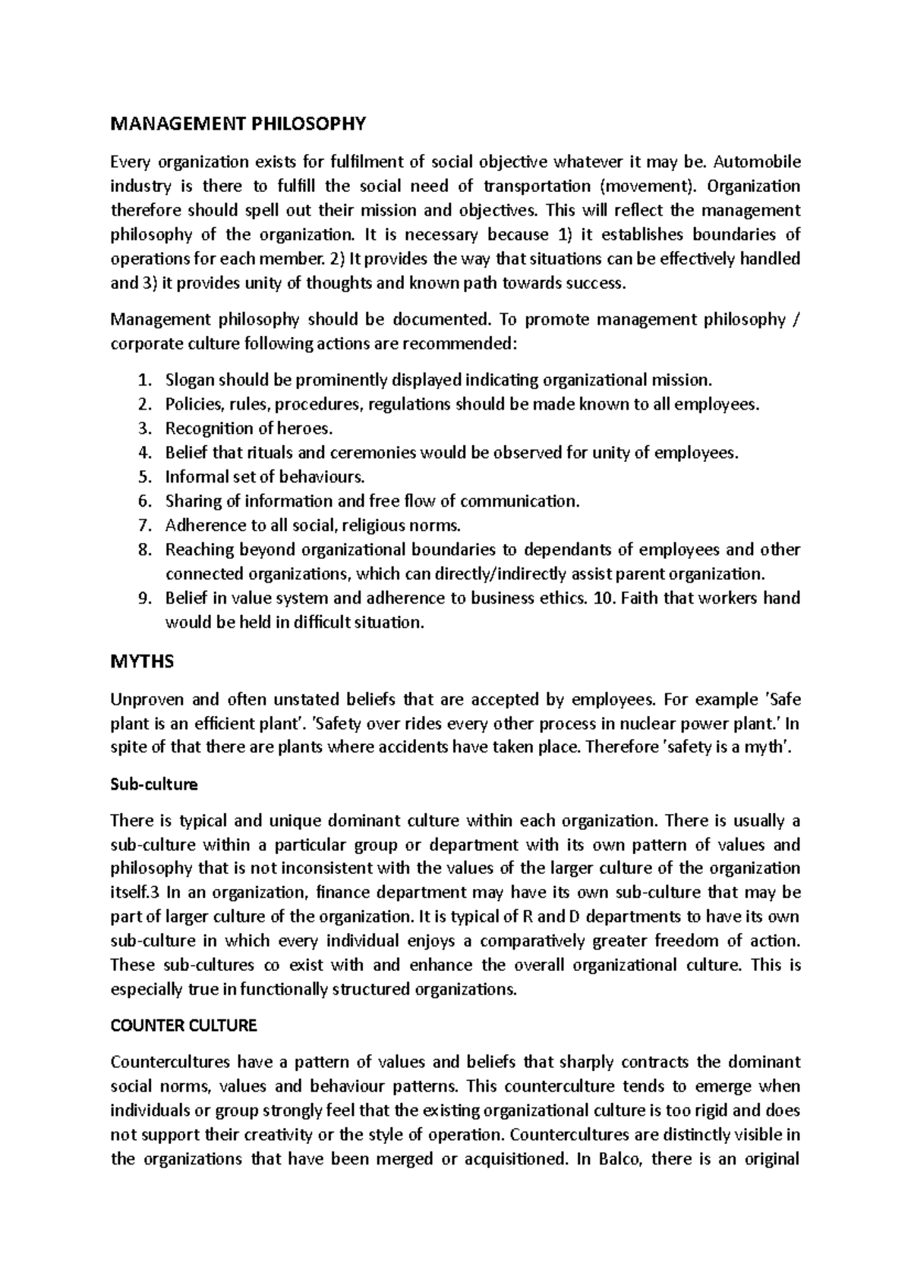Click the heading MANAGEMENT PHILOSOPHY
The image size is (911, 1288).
pyautogui.click(x=238, y=123)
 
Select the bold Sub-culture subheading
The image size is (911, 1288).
pyautogui.click(x=154, y=785)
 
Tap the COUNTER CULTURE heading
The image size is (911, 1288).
pyautogui.click(x=184, y=1026)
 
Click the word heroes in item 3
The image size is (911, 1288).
pyautogui.click(x=307, y=429)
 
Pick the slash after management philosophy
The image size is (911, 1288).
pyautogui.click(x=796, y=319)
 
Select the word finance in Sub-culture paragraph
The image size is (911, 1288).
pyautogui.click(x=343, y=892)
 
